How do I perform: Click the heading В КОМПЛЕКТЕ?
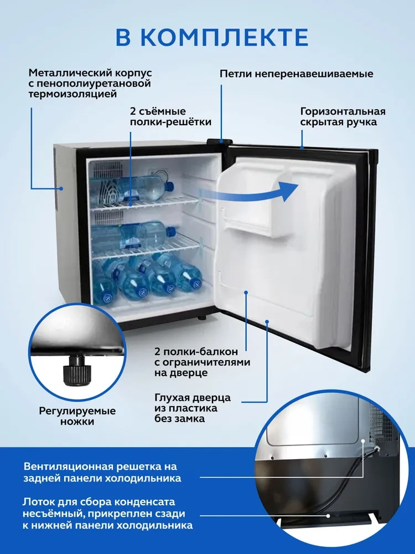(x=212, y=37)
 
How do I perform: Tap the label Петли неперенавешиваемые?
(x=297, y=74)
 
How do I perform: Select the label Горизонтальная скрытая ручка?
(x=343, y=116)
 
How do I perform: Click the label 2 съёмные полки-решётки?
(x=170, y=116)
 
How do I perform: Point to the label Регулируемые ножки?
(x=77, y=416)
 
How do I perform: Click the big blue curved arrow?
(x=247, y=193)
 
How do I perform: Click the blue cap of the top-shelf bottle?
(x=169, y=185)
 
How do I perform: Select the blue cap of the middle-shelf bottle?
(x=171, y=232)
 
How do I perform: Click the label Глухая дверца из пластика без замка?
(x=193, y=408)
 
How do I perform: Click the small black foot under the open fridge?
(x=202, y=317)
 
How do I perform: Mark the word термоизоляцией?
(x=72, y=94)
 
